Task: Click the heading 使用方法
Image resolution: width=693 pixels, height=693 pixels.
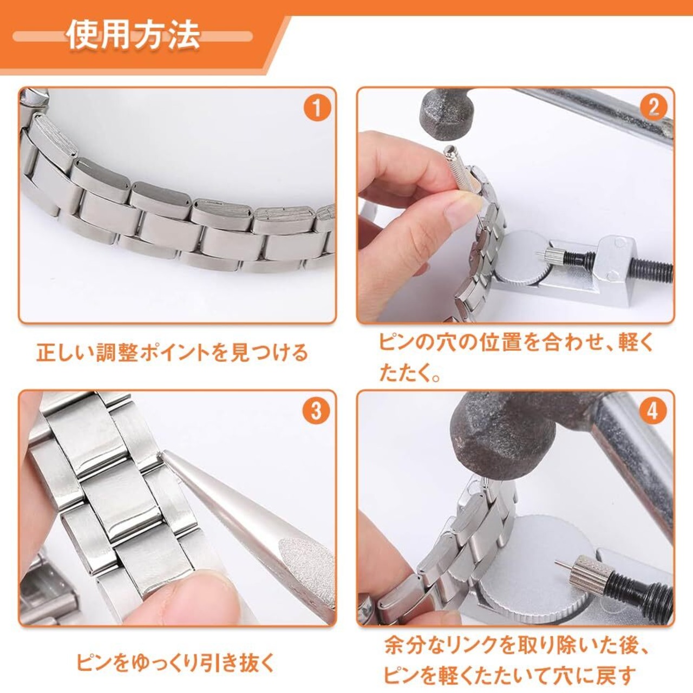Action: click(134, 36)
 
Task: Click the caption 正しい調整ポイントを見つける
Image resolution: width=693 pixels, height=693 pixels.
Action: click(173, 353)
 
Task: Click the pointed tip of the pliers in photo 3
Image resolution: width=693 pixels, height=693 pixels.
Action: click(166, 454)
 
